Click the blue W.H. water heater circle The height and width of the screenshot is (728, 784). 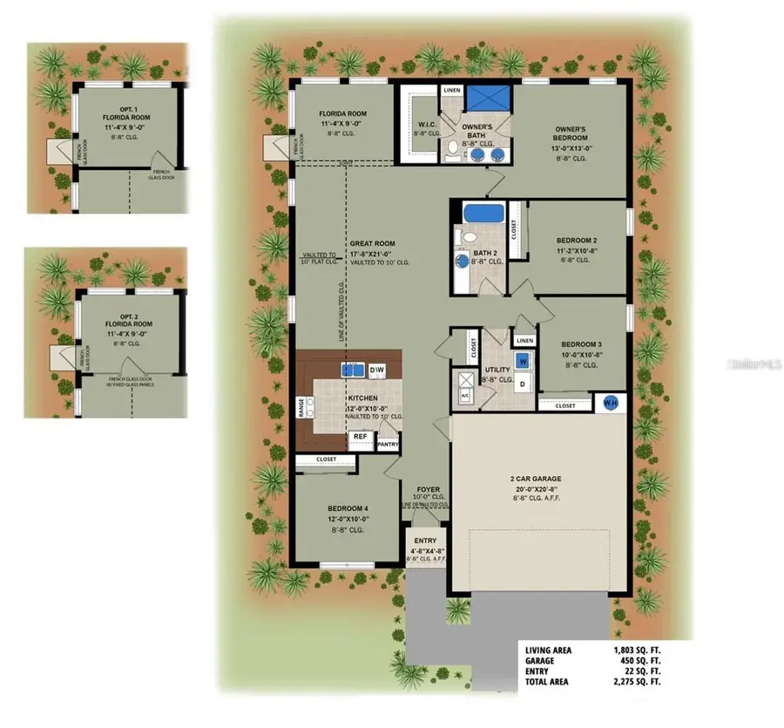click(x=611, y=403)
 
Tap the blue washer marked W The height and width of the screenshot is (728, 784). click(x=523, y=360)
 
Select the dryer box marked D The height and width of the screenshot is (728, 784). click(x=523, y=383)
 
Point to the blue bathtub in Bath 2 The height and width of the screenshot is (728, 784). click(x=478, y=213)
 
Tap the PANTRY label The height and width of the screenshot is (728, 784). click(x=388, y=445)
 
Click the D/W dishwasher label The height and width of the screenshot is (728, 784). click(x=377, y=371)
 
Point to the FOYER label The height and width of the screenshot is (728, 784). click(x=428, y=489)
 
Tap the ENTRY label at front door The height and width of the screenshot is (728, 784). click(x=425, y=541)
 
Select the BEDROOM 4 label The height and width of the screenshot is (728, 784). click(x=348, y=508)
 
